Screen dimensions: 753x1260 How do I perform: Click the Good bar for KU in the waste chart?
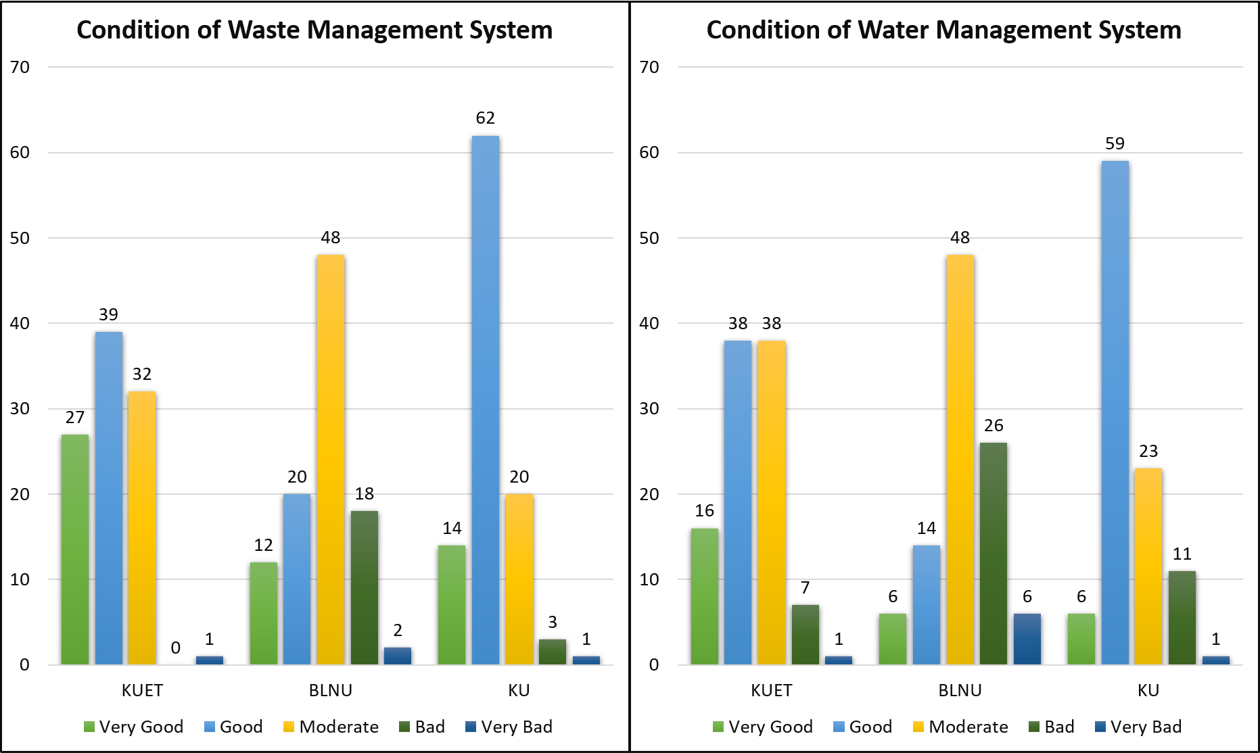pyautogui.click(x=486, y=399)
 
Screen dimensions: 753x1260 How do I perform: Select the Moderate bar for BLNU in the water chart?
pyautogui.click(x=960, y=460)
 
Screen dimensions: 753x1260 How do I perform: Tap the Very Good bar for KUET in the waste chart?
pyautogui.click(x=75, y=549)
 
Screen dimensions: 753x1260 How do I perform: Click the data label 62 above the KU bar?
pyautogui.click(x=486, y=118)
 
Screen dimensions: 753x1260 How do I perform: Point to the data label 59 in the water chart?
pyautogui.click(x=1115, y=144)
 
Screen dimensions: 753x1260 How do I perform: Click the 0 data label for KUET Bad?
pyautogui.click(x=176, y=648)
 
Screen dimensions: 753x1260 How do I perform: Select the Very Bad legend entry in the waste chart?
pyautogui.click(x=509, y=727)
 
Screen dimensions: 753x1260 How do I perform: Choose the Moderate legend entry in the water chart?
pyautogui.click(x=960, y=727)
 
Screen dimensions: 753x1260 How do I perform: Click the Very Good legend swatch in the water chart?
pyautogui.click(x=718, y=727)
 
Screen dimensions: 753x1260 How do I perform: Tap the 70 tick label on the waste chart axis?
pyautogui.click(x=20, y=67)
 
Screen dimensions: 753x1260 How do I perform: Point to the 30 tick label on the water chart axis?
pyautogui.click(x=649, y=408)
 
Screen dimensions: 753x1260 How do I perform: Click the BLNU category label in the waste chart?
pyautogui.click(x=331, y=690)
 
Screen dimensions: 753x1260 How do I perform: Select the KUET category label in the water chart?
pyautogui.click(x=771, y=690)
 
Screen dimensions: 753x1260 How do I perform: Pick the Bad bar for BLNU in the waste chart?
pyautogui.click(x=365, y=587)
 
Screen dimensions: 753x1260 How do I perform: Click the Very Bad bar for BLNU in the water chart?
pyautogui.click(x=1027, y=639)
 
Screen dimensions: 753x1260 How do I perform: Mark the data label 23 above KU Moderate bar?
pyautogui.click(x=1148, y=452)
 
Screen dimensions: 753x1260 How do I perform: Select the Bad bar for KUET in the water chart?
pyautogui.click(x=805, y=635)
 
